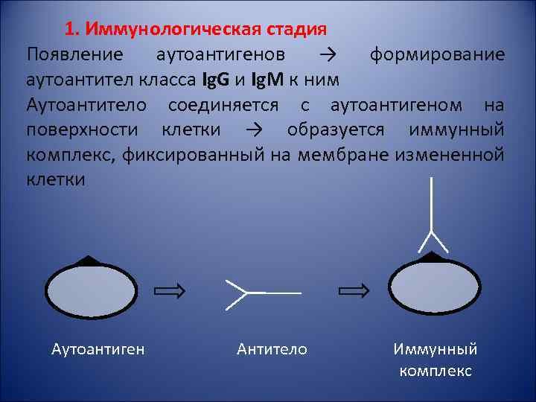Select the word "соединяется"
(223, 104)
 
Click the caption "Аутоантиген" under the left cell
(98, 349)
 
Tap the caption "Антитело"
(272, 349)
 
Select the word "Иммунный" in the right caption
(435, 349)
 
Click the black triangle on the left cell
(89, 261)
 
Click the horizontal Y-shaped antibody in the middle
(261, 293)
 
